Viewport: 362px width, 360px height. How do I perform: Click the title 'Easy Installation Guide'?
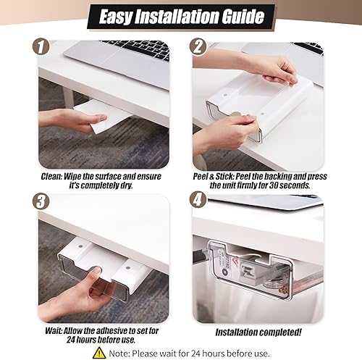point(181,16)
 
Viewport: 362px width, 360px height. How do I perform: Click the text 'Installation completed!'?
point(258,332)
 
